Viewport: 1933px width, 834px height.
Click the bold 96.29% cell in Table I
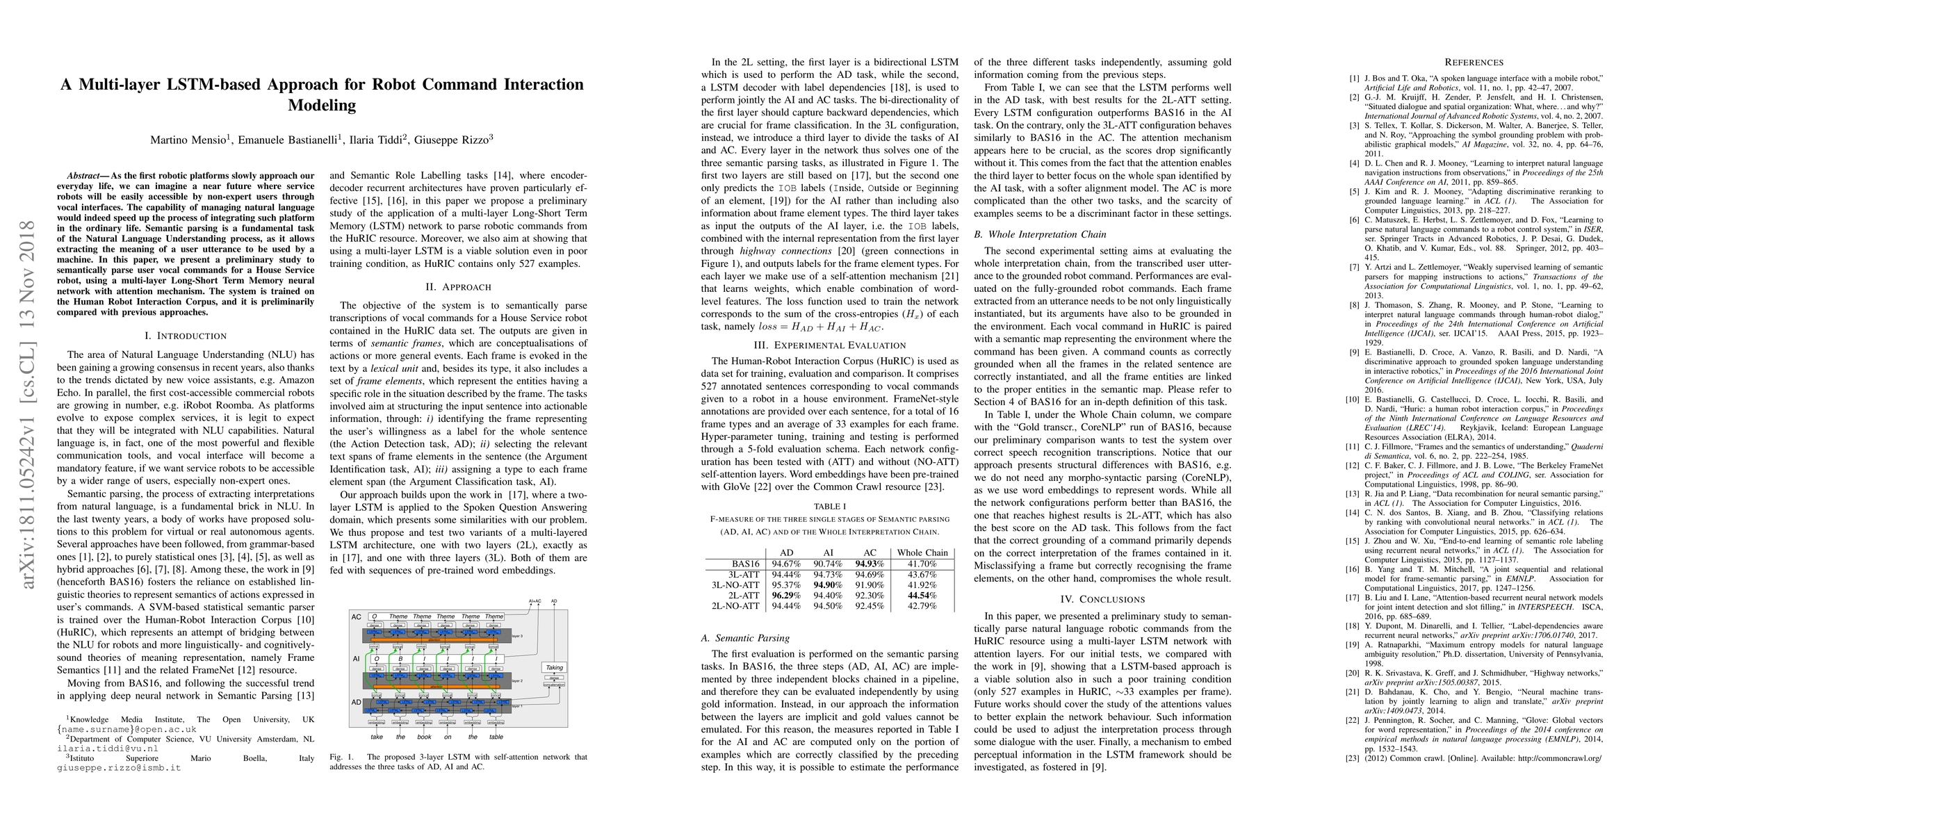[x=786, y=596]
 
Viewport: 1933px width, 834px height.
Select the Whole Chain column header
[x=922, y=553]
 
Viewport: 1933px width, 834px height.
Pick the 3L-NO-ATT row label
[x=735, y=585]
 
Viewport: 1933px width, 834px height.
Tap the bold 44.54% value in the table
[x=922, y=596]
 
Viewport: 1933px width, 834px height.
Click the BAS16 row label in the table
[x=745, y=564]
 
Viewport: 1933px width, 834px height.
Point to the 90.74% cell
[x=829, y=564]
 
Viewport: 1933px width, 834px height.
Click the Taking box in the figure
[x=554, y=667]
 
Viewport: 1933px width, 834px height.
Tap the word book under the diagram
[x=424, y=737]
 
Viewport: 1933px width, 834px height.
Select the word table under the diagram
[x=496, y=737]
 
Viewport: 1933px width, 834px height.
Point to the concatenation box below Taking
[x=554, y=684]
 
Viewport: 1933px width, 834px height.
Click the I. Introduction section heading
[x=186, y=335]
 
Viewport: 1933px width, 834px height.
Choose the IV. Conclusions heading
[x=1102, y=599]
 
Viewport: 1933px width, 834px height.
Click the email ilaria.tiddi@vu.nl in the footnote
[x=107, y=749]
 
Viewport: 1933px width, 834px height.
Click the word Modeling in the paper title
[x=322, y=105]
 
